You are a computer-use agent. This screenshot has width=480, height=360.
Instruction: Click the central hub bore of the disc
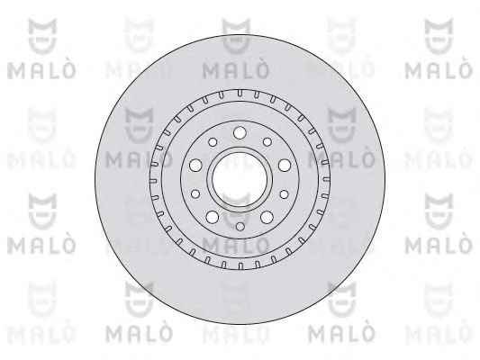(240, 179)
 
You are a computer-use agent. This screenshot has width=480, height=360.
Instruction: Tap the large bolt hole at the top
(240, 132)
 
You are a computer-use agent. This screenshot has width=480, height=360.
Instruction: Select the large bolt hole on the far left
(195, 166)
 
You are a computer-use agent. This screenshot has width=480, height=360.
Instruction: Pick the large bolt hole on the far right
(285, 166)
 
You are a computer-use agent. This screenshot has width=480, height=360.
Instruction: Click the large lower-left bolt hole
(213, 217)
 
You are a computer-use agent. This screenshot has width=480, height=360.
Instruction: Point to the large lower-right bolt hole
(267, 217)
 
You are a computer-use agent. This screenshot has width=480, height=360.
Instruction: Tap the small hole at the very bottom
(240, 227)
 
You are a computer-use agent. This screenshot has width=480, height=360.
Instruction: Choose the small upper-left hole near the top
(213, 142)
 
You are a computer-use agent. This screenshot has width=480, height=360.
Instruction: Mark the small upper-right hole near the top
(267, 142)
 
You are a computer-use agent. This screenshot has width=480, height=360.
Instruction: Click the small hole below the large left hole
(195, 193)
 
